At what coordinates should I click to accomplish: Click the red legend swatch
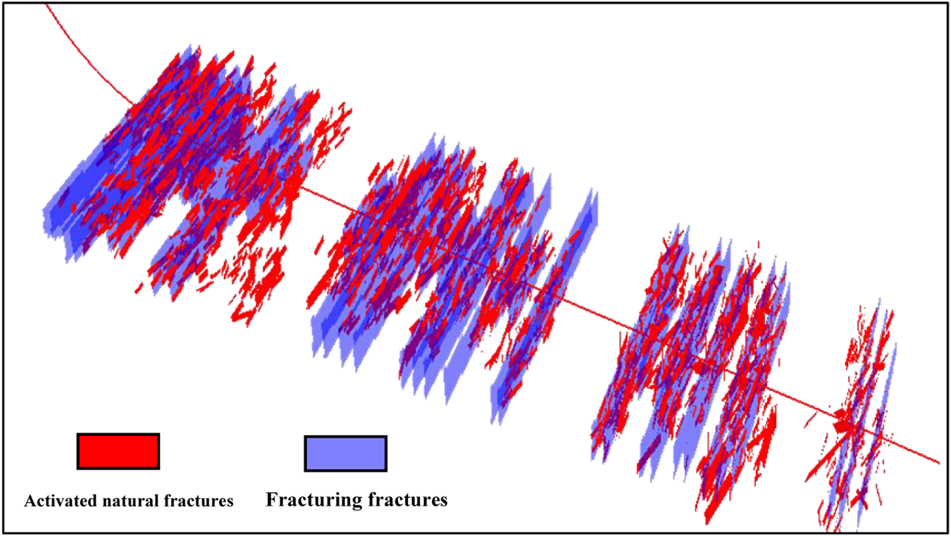click(118, 451)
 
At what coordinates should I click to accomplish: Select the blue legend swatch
click(346, 454)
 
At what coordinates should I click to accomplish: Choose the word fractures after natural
click(198, 501)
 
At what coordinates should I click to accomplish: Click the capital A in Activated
click(30, 501)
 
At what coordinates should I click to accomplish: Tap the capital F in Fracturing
click(272, 499)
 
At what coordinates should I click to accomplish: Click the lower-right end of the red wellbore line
click(939, 463)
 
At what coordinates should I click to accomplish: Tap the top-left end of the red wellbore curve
click(46, 5)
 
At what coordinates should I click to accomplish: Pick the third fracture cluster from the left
click(692, 373)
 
